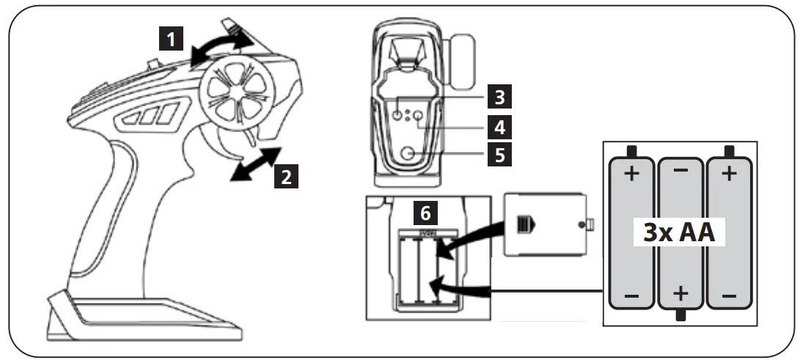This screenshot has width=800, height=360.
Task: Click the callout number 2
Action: click(x=286, y=177)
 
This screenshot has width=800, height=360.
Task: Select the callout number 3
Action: click(x=499, y=96)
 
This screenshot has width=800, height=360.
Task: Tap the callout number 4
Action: click(x=499, y=126)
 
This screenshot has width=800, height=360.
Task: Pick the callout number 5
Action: click(x=499, y=155)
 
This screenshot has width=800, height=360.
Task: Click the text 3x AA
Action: click(x=680, y=234)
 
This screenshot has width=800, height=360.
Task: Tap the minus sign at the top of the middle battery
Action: click(x=680, y=170)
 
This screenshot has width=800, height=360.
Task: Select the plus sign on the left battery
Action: click(x=632, y=176)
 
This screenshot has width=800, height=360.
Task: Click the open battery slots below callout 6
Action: click(x=420, y=268)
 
